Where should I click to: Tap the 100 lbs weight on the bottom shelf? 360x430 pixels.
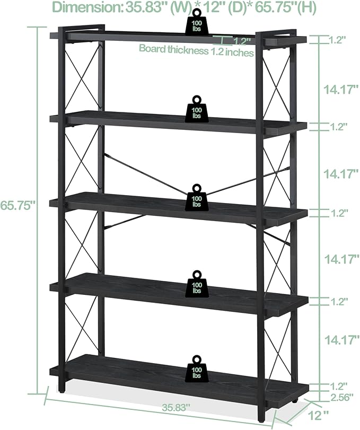[197, 369]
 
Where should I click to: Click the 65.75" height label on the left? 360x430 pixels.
[18, 205]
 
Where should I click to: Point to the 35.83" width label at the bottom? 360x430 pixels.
[175, 408]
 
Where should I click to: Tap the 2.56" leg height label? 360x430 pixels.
[340, 397]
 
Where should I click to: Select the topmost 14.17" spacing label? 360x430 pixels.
[341, 90]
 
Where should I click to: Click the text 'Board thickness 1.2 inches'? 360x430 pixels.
[196, 50]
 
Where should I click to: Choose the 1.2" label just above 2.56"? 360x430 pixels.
[338, 387]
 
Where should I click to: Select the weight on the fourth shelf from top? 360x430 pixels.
[197, 284]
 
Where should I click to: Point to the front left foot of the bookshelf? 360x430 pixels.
[62, 387]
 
